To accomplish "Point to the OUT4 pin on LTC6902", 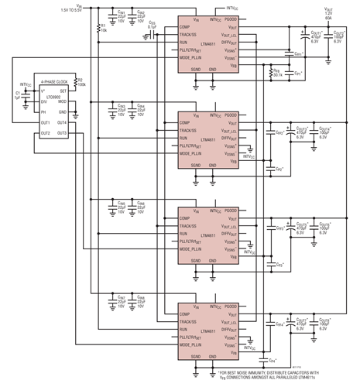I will point(60,122).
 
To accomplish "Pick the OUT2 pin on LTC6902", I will point(46,133).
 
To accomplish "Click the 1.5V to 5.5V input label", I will point(77,10).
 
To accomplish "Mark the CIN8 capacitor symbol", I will point(133,302).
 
